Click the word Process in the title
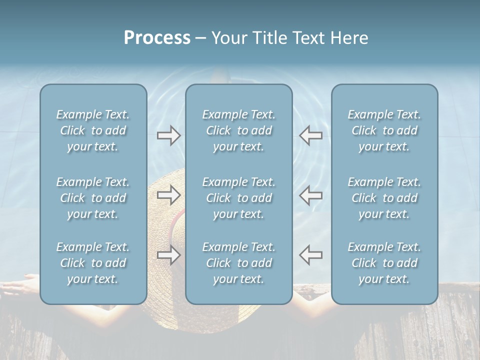(157, 38)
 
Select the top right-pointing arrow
(168, 135)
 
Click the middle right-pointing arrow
(168, 195)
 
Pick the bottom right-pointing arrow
(168, 255)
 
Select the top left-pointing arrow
(311, 135)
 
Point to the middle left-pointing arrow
(311, 195)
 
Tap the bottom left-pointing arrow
(311, 255)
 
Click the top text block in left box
(93, 130)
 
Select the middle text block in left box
(93, 198)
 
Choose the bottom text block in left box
(93, 263)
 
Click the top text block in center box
(239, 130)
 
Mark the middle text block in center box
(239, 198)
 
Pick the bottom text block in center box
(239, 263)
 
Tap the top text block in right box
(384, 130)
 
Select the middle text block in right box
(384, 198)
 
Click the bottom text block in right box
(384, 263)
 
